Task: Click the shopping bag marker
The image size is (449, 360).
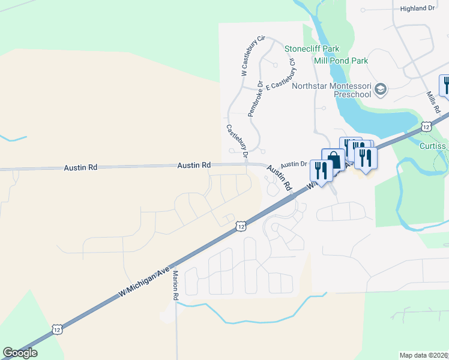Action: point(334,160)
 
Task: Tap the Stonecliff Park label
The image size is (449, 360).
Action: point(312,49)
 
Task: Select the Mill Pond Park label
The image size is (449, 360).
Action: point(341,61)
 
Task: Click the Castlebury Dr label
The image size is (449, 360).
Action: point(238,142)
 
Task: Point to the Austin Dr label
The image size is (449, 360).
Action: point(294,164)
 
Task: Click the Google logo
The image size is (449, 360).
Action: point(20,353)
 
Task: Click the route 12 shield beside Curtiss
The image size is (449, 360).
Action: point(426,127)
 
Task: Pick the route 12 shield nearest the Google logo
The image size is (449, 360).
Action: point(56,329)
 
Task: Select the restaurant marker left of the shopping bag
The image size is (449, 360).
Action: point(321,170)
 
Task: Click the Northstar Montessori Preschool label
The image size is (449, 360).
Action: point(331,90)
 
